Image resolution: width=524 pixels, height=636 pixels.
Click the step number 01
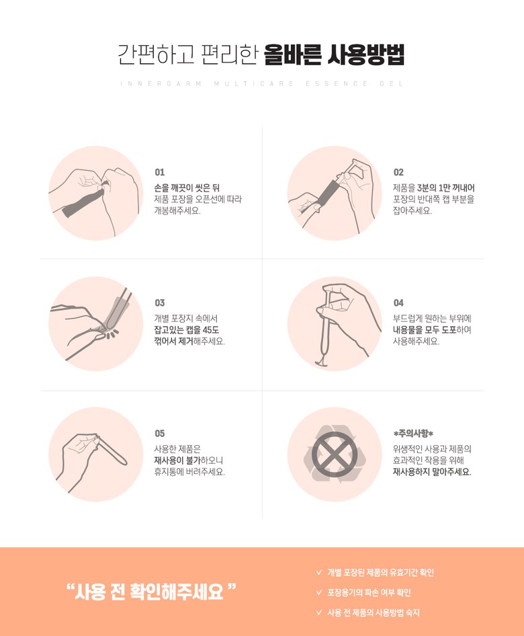160,172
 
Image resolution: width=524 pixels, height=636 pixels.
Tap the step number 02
398,172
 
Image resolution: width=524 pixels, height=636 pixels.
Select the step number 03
160,303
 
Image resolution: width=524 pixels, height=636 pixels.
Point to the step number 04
398,303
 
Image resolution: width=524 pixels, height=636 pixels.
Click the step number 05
160,434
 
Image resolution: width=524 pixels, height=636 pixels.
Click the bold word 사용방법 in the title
365,54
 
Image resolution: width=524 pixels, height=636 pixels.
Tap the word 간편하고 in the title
156,54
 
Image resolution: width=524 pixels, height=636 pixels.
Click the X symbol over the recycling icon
335,454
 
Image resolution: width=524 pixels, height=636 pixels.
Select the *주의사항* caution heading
413,434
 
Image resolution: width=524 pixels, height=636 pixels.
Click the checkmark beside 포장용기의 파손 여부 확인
319,592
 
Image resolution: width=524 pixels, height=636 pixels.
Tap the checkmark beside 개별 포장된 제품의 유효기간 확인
319,572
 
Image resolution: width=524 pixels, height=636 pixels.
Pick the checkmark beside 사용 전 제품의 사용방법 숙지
319,612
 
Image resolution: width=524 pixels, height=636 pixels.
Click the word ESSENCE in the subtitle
337,84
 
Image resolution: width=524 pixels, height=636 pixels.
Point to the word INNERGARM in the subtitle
161,84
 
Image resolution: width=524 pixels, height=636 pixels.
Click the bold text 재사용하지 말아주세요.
432,472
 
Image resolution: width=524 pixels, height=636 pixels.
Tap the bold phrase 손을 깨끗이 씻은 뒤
187,188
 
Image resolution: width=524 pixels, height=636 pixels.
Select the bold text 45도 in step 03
211,329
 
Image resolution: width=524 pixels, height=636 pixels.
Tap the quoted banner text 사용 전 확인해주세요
149,592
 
